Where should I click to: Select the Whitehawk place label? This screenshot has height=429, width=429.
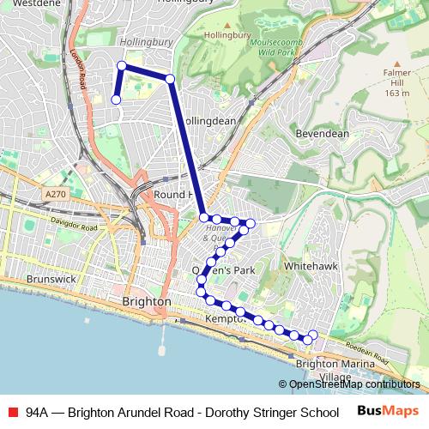tap(306, 267)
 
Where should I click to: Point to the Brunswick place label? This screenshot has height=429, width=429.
tap(51, 280)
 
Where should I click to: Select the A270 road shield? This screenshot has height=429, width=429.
tap(56, 195)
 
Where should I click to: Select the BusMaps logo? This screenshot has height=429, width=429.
tap(387, 411)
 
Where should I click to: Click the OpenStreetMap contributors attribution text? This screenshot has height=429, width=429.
tap(353, 384)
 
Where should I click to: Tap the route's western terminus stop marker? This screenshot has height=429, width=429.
tap(116, 100)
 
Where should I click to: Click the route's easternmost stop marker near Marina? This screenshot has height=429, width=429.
tap(313, 335)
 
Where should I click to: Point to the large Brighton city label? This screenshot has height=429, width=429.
tap(147, 303)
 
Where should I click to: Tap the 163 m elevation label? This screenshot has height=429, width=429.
tap(397, 93)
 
